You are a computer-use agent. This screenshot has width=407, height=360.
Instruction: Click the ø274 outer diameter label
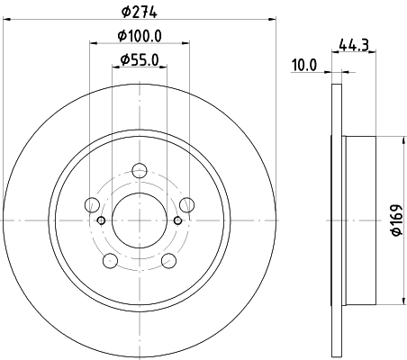pos(140,13)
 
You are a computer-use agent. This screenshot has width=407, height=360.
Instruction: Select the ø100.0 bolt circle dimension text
pos(140,36)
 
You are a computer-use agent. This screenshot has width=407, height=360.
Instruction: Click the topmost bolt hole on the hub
pos(140,171)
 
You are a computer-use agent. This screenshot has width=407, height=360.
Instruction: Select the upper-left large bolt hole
pos(93,204)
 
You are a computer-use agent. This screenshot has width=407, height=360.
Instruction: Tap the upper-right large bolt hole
pos(186,204)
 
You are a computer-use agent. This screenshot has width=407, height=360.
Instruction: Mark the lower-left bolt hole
pos(111,260)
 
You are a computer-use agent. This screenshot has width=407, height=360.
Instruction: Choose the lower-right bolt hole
pos(168,260)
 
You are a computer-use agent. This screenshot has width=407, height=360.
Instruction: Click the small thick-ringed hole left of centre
pos(101,220)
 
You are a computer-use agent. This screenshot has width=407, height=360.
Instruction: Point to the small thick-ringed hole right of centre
pos(178,220)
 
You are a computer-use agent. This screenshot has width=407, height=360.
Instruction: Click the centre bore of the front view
pos(140,220)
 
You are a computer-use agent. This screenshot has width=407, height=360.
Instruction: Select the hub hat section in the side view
pos(359,220)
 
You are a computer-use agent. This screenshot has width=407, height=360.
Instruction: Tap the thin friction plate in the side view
pos(338,220)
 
